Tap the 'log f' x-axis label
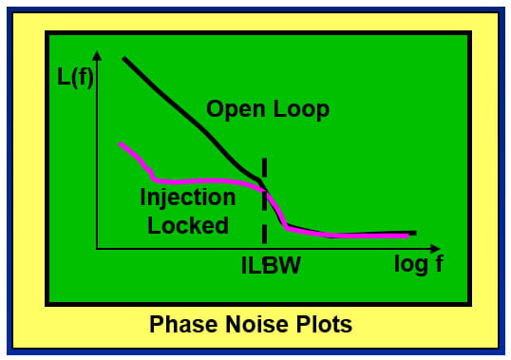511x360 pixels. [x=418, y=264]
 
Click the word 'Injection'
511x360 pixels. [x=187, y=199]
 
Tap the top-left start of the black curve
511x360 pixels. [x=124, y=58]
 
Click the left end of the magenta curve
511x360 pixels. [x=121, y=143]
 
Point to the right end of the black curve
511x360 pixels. [x=414, y=232]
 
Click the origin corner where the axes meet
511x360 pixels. [x=96, y=249]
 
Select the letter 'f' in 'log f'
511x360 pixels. [x=438, y=264]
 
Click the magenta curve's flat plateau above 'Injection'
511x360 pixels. [x=199, y=180]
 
